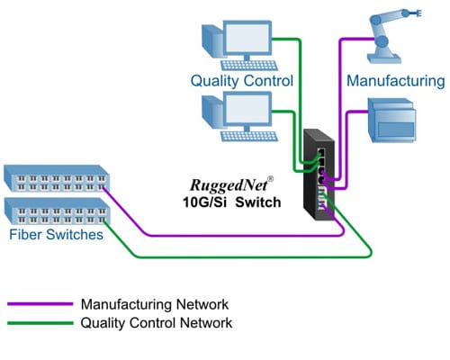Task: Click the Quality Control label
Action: tap(241, 81)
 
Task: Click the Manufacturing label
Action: tap(396, 81)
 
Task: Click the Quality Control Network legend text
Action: tap(157, 322)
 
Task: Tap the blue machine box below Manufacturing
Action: tap(392, 123)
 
